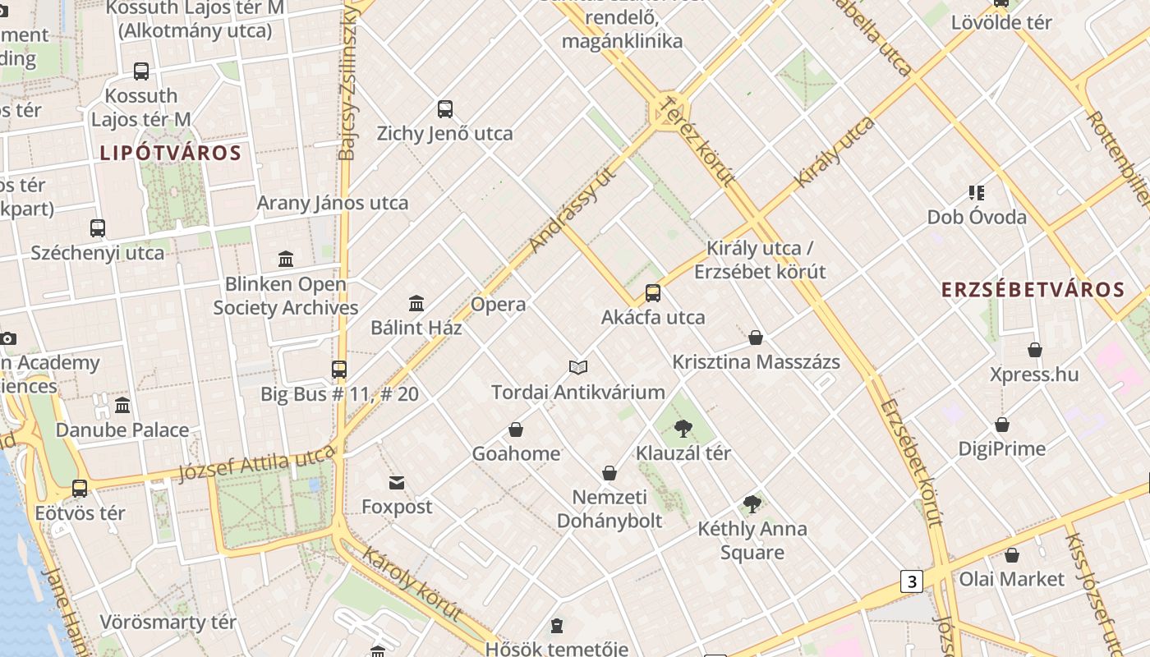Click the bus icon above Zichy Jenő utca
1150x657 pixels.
(445, 109)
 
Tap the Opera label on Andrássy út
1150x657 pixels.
(498, 305)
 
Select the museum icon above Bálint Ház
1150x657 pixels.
(416, 304)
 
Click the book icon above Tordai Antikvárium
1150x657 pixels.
(578, 367)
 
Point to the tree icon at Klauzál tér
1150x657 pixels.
(683, 428)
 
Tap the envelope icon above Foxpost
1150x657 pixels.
(397, 482)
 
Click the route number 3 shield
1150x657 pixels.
(911, 581)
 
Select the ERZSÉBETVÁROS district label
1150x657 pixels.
(1033, 290)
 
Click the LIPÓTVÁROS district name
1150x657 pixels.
(171, 153)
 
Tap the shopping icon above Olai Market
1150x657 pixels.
(1012, 555)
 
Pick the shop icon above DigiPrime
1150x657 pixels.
(1002, 425)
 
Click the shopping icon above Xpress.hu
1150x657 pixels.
(1035, 351)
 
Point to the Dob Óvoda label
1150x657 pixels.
(977, 218)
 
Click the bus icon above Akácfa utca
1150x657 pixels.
(653, 293)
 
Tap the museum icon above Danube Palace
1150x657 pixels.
(122, 406)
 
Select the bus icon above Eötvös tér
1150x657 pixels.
(80, 489)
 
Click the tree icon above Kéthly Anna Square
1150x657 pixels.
(752, 504)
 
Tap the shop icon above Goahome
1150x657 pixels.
(516, 430)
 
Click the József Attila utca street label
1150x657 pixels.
(257, 465)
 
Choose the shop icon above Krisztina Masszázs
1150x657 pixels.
(756, 338)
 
